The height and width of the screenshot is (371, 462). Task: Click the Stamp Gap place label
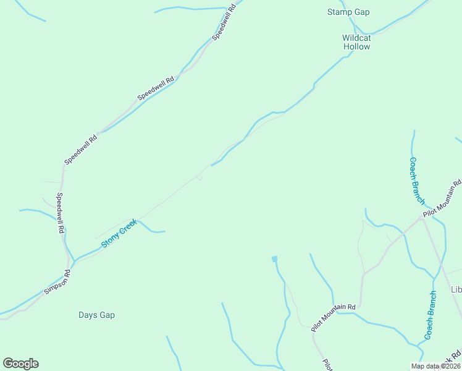point(348,12)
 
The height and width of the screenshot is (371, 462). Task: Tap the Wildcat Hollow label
point(356,42)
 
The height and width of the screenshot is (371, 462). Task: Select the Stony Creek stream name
point(118,234)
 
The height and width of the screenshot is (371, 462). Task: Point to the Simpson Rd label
point(57,282)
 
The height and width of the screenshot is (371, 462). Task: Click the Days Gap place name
point(97,315)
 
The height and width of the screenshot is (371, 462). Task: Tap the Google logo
point(20,364)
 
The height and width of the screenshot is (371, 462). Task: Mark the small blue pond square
point(274,258)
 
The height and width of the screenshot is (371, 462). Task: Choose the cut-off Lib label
point(456,289)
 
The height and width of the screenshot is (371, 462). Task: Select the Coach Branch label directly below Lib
point(430,315)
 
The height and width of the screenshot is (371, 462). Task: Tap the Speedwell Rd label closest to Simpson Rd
point(61,213)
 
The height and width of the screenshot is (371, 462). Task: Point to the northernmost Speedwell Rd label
point(225,22)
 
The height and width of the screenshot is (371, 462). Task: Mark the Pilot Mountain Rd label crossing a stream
point(334,317)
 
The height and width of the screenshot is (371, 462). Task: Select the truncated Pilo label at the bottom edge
point(326,365)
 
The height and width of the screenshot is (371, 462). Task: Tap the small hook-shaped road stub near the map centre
point(199,178)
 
